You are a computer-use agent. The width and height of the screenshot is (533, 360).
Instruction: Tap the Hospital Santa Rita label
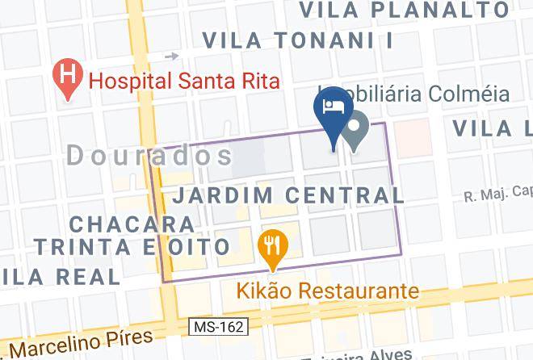click(x=184, y=81)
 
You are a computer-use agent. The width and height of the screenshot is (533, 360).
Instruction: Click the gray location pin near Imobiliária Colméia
click(x=357, y=129)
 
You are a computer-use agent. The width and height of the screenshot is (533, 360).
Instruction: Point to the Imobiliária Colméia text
click(x=420, y=94)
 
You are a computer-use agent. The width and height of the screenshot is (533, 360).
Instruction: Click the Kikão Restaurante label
click(x=327, y=291)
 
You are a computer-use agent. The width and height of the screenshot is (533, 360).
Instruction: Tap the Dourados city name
click(x=150, y=156)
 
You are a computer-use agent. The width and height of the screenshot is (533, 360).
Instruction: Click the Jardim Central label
click(x=289, y=195)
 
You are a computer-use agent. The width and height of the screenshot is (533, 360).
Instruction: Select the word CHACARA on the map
click(x=131, y=223)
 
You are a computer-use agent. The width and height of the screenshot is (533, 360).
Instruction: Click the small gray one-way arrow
click(x=171, y=57)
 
